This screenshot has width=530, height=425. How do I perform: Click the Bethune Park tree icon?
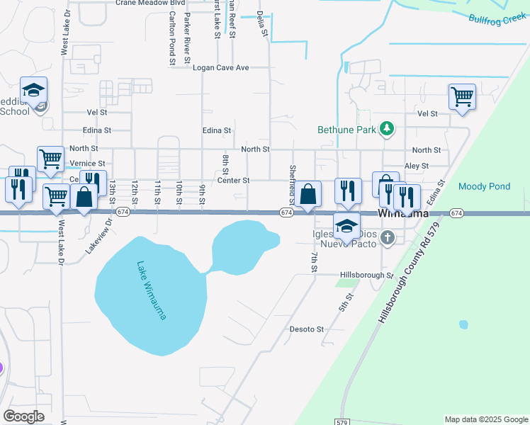pyautogui.click(x=387, y=129)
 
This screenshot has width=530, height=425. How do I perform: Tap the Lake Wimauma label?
pyautogui.click(x=151, y=290)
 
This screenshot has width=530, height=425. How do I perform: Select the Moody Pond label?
pyautogui.click(x=484, y=187)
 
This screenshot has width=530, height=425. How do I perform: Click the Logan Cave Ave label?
pyautogui.click(x=222, y=68)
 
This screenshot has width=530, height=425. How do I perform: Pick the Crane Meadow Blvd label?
pyautogui.click(x=150, y=3)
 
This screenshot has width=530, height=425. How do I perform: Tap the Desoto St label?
pyautogui.click(x=306, y=329)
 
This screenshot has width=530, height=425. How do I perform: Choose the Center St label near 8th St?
pyautogui.click(x=233, y=181)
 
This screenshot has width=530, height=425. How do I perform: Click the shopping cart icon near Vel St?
pyautogui.click(x=462, y=96)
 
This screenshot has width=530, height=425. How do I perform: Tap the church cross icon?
pyautogui.click(x=387, y=238)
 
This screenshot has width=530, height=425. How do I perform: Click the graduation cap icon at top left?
pyautogui.click(x=33, y=89)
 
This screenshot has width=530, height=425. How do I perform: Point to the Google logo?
pyautogui.click(x=23, y=416)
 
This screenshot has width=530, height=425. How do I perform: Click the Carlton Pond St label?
pyautogui.click(x=172, y=39)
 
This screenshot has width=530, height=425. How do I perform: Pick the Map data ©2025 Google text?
pyautogui.click(x=485, y=419)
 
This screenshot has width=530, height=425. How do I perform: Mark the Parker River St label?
pyautogui.click(x=188, y=36)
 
